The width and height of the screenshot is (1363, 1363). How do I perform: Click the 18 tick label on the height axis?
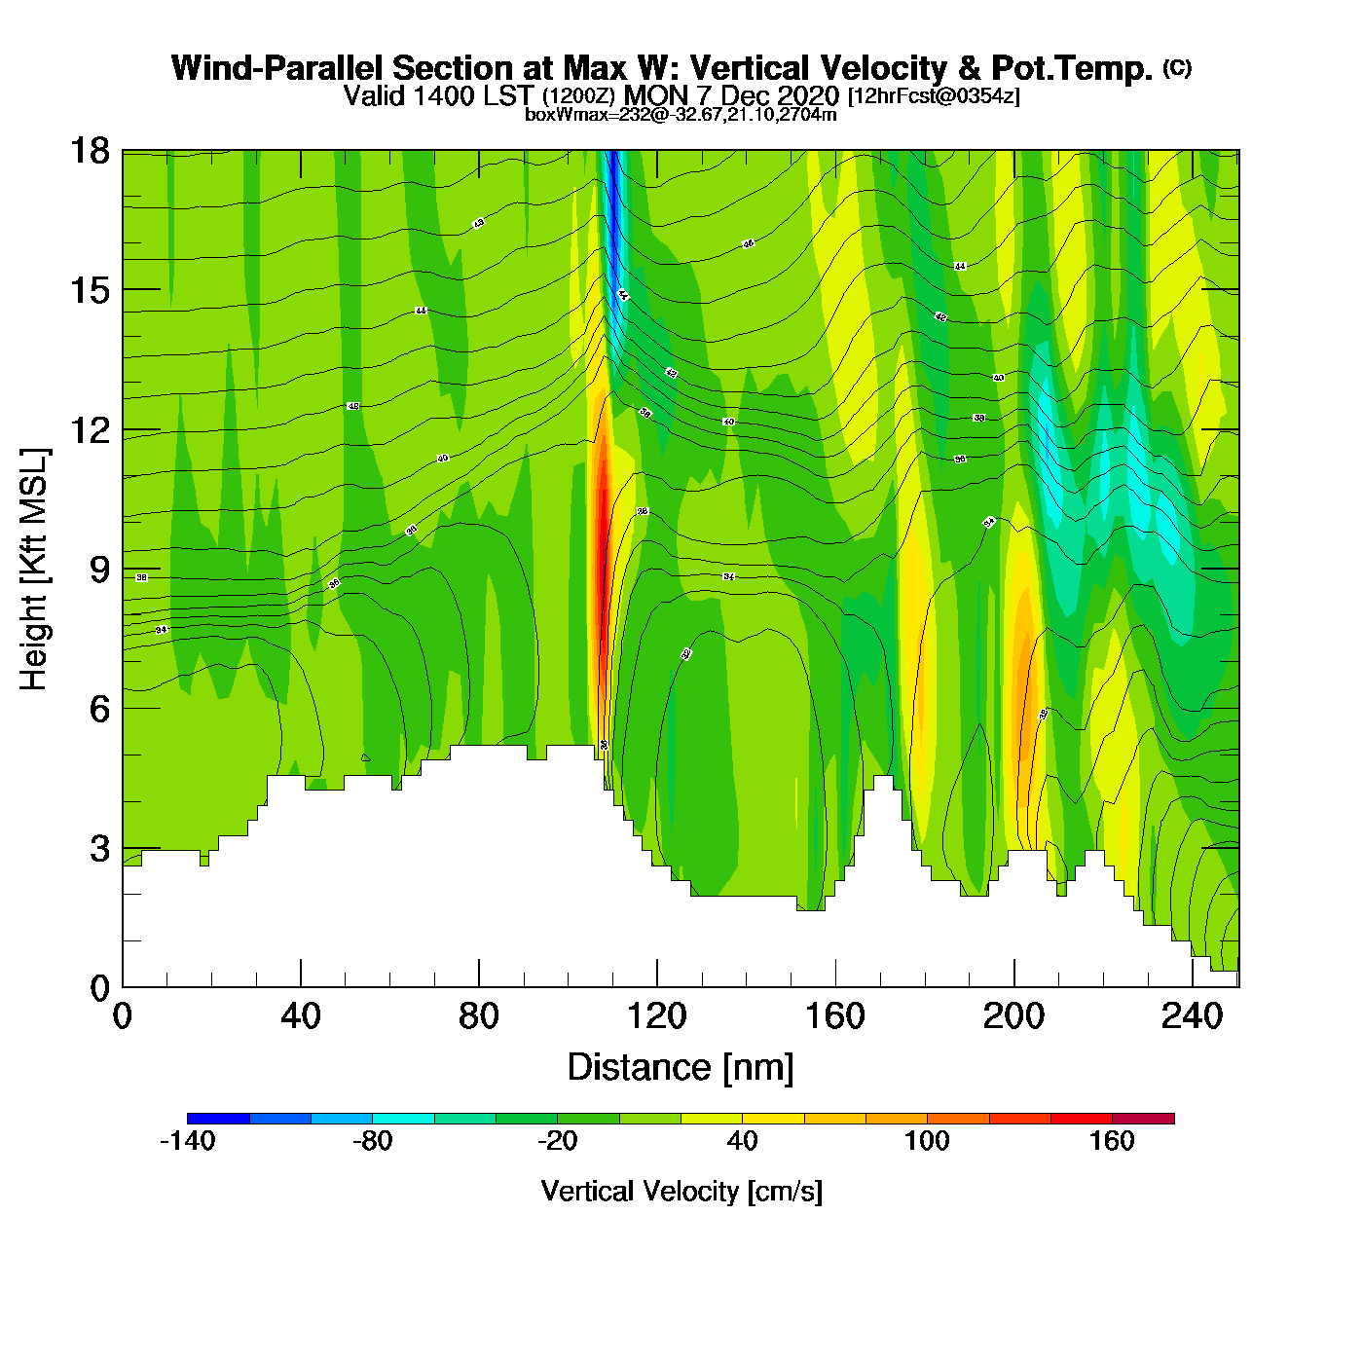(89, 151)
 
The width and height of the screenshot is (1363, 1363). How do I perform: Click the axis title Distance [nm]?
(681, 1068)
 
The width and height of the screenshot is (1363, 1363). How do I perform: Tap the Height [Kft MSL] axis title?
(34, 570)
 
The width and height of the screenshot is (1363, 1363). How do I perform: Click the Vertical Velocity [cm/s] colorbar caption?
(681, 1191)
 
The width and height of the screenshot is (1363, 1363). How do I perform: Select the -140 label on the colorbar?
(187, 1141)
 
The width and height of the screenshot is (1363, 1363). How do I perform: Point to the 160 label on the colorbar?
(1112, 1141)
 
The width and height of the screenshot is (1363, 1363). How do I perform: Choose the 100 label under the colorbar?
(927, 1141)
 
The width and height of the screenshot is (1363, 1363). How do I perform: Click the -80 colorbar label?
(372, 1141)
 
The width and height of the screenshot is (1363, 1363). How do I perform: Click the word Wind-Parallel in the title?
(277, 68)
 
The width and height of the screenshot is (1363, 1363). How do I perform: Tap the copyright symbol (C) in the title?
(1176, 67)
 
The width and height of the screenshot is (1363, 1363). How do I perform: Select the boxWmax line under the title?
(681, 114)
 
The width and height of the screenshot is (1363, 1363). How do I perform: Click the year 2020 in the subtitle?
(808, 95)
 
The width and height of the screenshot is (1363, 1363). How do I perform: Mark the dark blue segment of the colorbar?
(218, 1118)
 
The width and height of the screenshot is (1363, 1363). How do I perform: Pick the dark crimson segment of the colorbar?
(1143, 1118)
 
